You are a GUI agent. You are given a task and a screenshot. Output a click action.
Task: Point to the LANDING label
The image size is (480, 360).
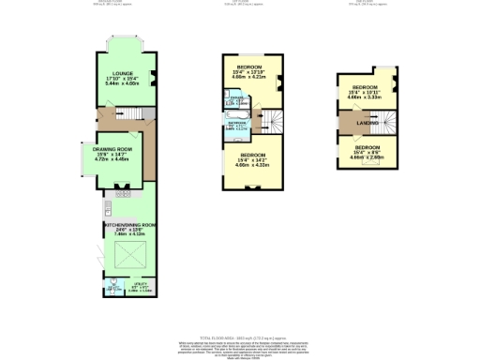[367, 123]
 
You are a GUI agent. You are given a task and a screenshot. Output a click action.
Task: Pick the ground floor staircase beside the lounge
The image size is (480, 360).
[141, 114]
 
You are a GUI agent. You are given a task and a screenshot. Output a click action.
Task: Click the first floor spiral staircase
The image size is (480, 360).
[271, 119]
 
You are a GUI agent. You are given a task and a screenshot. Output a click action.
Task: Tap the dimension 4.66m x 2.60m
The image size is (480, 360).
[367, 157]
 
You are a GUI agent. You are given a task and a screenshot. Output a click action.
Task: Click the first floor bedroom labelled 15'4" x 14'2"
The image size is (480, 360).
[253, 159]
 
